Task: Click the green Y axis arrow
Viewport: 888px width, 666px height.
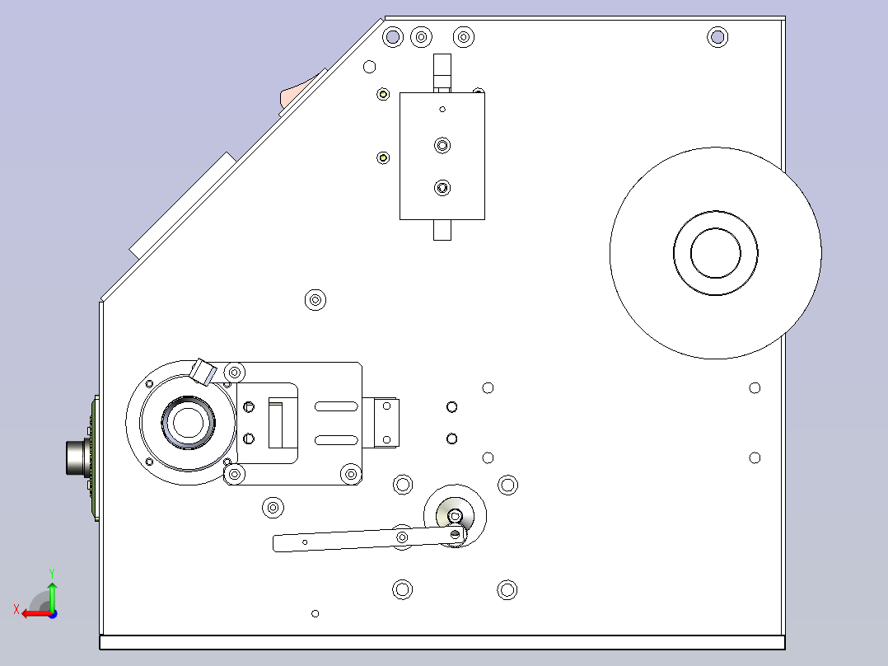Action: (x=52, y=596)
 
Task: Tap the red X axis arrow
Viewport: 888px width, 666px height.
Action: (x=37, y=614)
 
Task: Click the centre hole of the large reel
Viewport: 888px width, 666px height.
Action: (x=715, y=253)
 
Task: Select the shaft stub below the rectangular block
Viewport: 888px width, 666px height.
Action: (x=442, y=230)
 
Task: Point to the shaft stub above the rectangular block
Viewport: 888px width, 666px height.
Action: (x=442, y=73)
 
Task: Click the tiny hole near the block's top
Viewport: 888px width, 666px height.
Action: (x=442, y=110)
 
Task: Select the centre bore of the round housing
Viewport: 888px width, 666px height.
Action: (x=188, y=423)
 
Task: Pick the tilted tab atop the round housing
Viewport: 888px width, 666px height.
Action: (x=203, y=372)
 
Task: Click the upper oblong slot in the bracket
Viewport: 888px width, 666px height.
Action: (x=336, y=406)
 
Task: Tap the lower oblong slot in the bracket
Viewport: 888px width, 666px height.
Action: (x=336, y=440)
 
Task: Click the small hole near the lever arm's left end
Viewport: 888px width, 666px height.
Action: (x=305, y=542)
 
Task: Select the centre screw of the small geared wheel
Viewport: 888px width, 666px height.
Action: (x=455, y=516)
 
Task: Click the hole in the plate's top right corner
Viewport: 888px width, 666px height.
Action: (x=717, y=37)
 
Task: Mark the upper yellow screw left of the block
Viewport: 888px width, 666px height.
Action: (x=383, y=94)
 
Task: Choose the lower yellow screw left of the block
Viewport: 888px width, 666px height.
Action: (x=383, y=157)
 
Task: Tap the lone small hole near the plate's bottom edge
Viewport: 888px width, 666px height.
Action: (x=315, y=613)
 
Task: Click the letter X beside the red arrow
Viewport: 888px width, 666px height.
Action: (x=16, y=609)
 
